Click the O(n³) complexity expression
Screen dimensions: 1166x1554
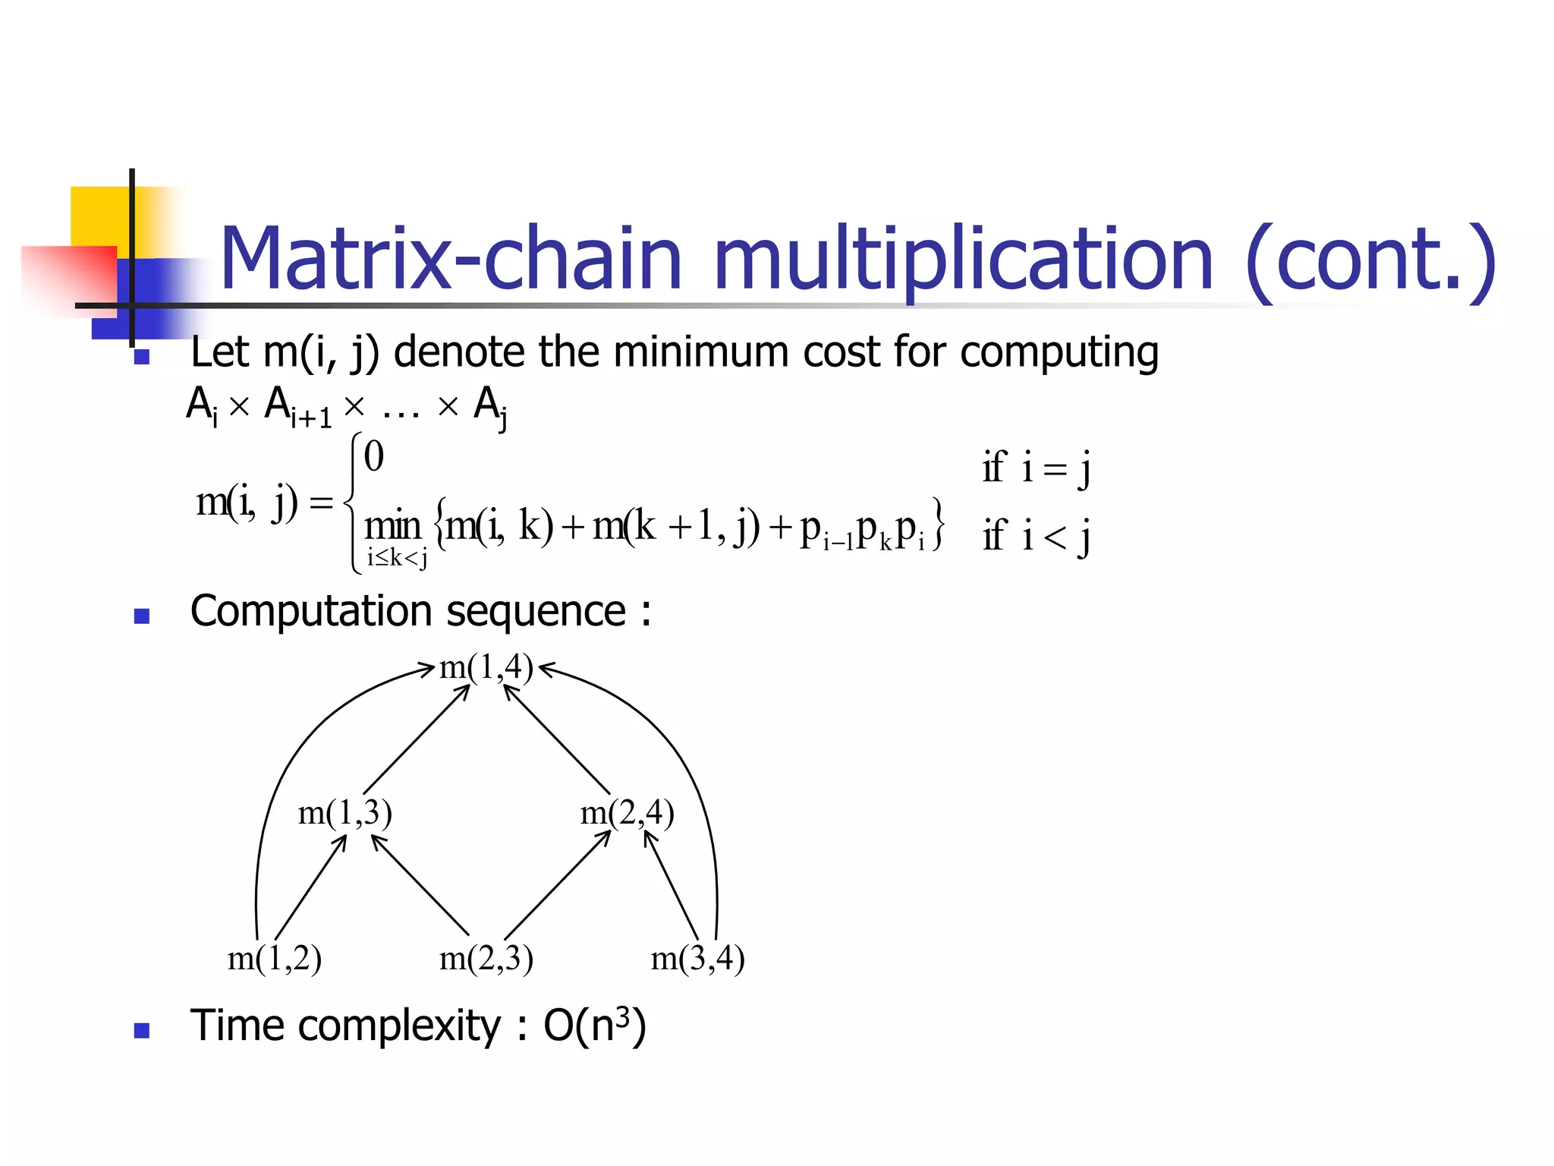pyautogui.click(x=595, y=1026)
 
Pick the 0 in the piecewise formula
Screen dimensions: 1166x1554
pyautogui.click(x=374, y=457)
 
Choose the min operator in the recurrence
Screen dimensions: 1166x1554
pyautogui.click(x=392, y=526)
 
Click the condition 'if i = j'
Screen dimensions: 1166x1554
pyautogui.click(x=1037, y=468)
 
